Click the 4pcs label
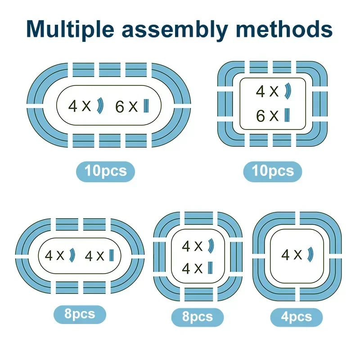pyautogui.click(x=296, y=317)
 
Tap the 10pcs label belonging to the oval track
pyautogui.click(x=105, y=171)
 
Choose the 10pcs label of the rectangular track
pyautogui.click(x=272, y=171)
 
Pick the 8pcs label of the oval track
pyautogui.click(x=80, y=314)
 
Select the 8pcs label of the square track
pyautogui.click(x=197, y=317)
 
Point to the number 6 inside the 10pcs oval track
pyautogui.click(x=119, y=106)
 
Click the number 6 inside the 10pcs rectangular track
pyautogui.click(x=261, y=116)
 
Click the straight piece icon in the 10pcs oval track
pyautogui.click(x=146, y=106)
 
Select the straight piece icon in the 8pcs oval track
pyautogui.click(x=111, y=255)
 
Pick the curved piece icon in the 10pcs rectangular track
pyautogui.click(x=288, y=91)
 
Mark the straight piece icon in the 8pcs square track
pyautogui.click(x=210, y=268)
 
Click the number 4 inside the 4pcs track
pyautogui.click(x=285, y=255)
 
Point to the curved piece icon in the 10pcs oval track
pyautogui.click(x=100, y=106)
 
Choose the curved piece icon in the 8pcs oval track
pyautogui.click(x=72, y=255)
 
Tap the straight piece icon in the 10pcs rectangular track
pyautogui.click(x=287, y=116)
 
